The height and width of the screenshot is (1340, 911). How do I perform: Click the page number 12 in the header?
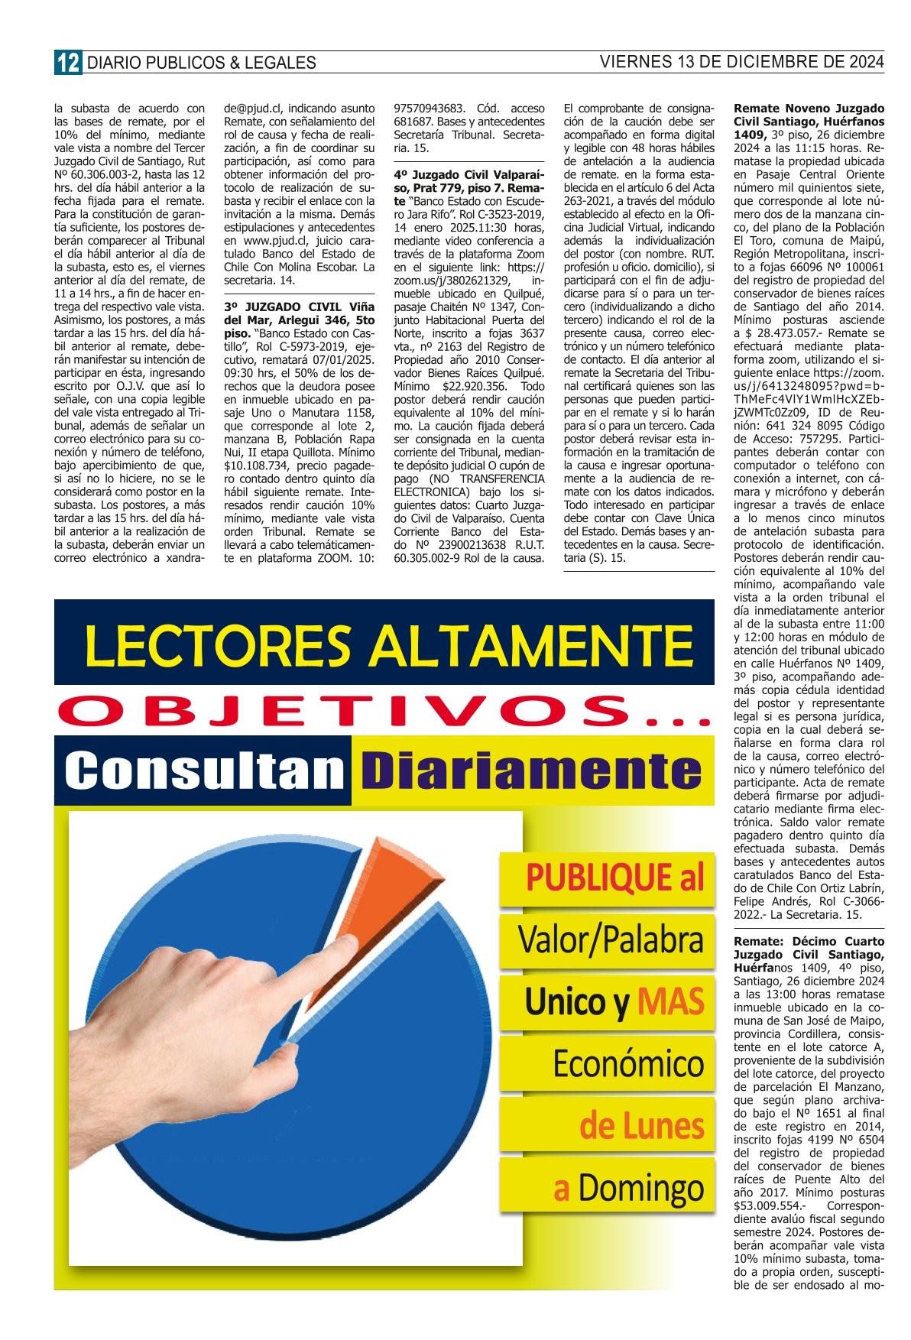coord(67,62)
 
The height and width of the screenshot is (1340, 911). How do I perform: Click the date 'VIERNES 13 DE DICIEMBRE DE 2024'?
coord(741,61)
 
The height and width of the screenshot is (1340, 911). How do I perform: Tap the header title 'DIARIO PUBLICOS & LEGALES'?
coord(201,63)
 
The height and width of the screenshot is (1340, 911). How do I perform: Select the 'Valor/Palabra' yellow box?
coord(611,940)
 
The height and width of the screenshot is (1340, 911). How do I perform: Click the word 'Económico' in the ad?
coord(627,1063)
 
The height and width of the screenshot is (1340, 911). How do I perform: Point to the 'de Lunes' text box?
coord(641,1126)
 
